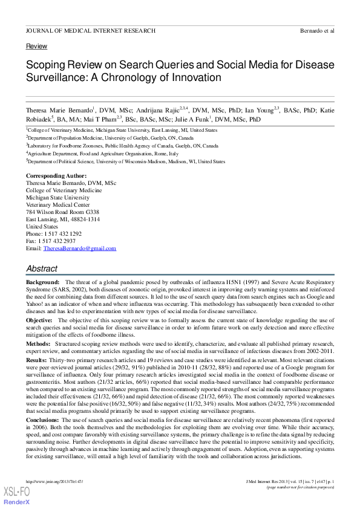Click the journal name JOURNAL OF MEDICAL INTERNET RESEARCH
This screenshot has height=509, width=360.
click(91, 30)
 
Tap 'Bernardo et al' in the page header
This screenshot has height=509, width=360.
click(317, 30)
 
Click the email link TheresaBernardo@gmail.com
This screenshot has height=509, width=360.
click(80, 248)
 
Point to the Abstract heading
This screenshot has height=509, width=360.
click(42, 268)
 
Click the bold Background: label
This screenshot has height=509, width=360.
click(42, 282)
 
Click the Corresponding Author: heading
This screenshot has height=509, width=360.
click(56, 175)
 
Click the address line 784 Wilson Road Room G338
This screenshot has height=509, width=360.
click(62, 212)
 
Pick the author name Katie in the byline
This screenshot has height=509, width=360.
click(327, 111)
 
